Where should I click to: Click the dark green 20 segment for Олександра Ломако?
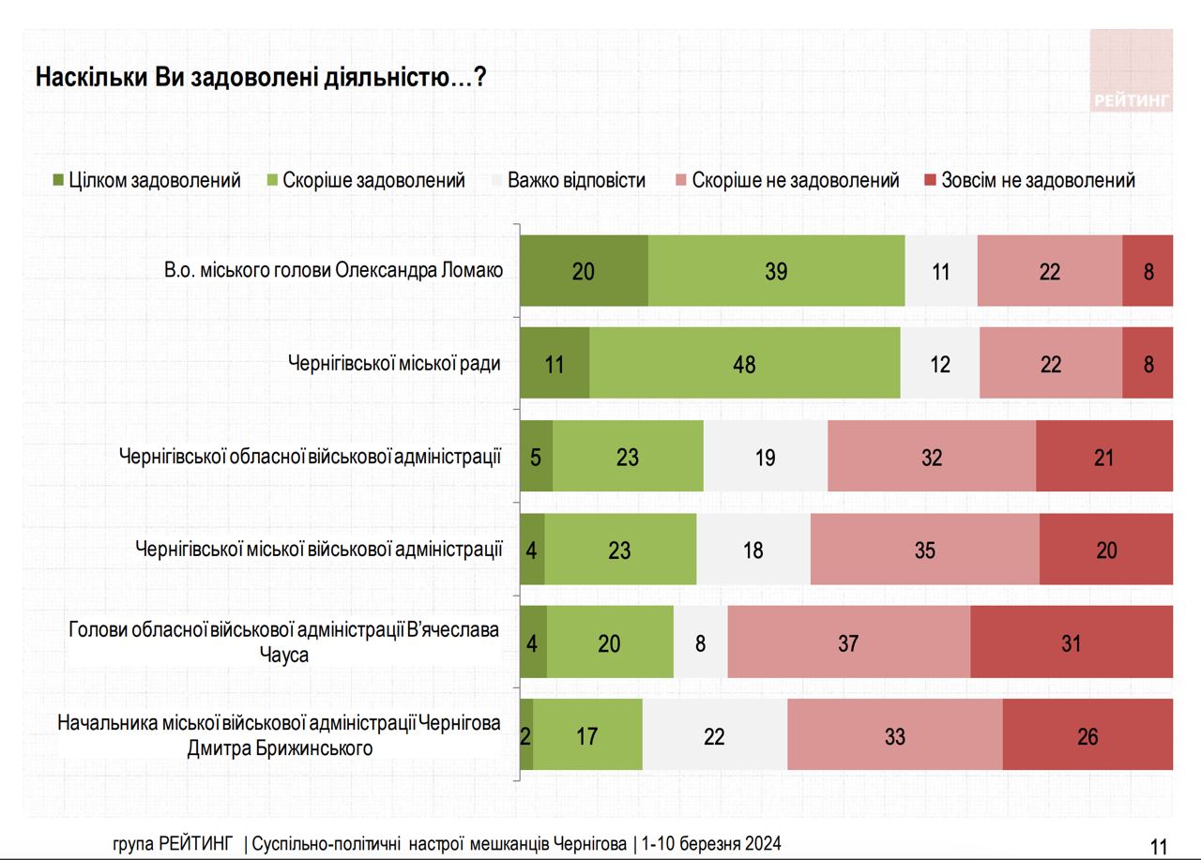pyautogui.click(x=584, y=271)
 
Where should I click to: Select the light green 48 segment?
pyautogui.click(x=744, y=363)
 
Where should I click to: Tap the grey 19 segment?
pyautogui.click(x=765, y=456)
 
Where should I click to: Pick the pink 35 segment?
pyautogui.click(x=924, y=550)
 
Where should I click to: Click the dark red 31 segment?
pyautogui.click(x=1071, y=642)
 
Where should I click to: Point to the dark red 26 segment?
pyautogui.click(x=1087, y=735)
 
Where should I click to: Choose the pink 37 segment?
pyautogui.click(x=848, y=642)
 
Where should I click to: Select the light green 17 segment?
pyautogui.click(x=587, y=735)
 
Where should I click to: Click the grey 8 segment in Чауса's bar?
pyautogui.click(x=700, y=642)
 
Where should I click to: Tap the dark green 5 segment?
pyautogui.click(x=537, y=456)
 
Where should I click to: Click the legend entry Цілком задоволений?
pyautogui.click(x=146, y=180)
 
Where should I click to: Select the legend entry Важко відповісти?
pyautogui.click(x=568, y=180)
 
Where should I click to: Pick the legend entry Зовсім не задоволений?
pyautogui.click(x=1029, y=180)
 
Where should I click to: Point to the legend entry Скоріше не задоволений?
pyautogui.click(x=786, y=180)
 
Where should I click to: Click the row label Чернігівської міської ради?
pyautogui.click(x=394, y=363)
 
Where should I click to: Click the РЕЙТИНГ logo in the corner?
pyautogui.click(x=1132, y=71)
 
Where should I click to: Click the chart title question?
pyautogui.click(x=260, y=77)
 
